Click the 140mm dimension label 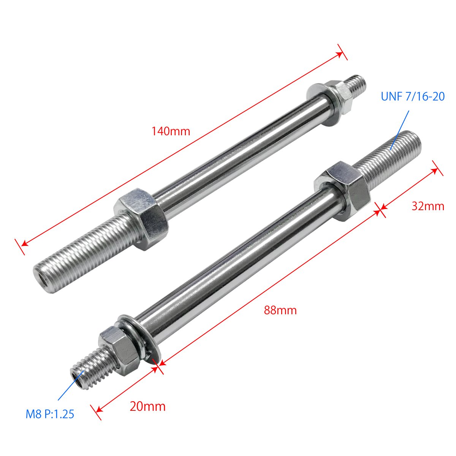click(171, 131)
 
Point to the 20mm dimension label click(148, 407)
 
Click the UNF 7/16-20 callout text click(413, 96)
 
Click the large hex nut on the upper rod click(141, 218)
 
